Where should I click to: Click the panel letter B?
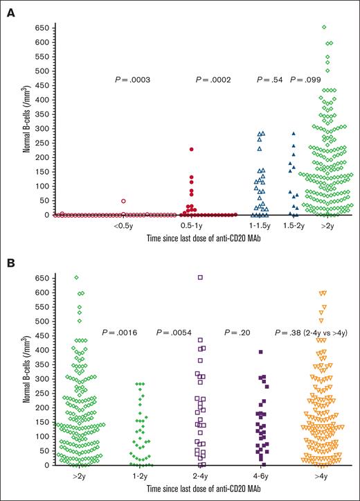pyautogui.click(x=11, y=265)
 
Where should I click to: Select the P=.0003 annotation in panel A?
pyautogui.click(x=132, y=80)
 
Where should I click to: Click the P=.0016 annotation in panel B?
pyautogui.click(x=121, y=333)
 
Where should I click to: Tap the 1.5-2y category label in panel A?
pyautogui.click(x=294, y=226)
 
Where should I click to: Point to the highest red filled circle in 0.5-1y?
pyautogui.click(x=192, y=150)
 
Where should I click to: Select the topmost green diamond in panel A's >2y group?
pyautogui.click(x=324, y=27)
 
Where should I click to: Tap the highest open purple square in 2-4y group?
pyautogui.click(x=200, y=277)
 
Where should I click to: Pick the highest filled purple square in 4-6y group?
pyautogui.click(x=261, y=352)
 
